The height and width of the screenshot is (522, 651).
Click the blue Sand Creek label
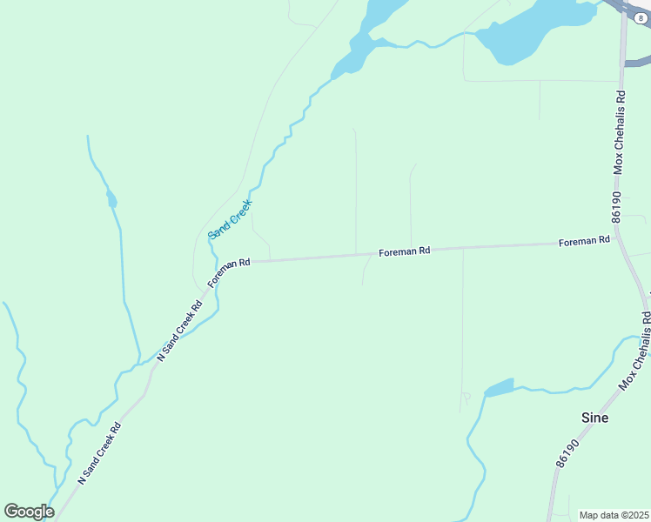(230, 219)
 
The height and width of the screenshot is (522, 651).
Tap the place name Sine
(594, 418)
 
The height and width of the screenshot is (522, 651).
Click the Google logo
(29, 512)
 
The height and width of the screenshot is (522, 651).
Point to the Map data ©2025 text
(614, 515)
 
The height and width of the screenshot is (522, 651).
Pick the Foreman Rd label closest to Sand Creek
(229, 271)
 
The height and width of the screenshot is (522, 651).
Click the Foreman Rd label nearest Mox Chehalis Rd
(583, 241)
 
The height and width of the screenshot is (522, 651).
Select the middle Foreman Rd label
(404, 251)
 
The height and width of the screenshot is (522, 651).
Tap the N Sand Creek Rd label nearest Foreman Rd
(179, 331)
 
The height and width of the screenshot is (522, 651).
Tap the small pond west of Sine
(499, 388)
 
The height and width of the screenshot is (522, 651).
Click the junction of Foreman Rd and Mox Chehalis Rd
(619, 237)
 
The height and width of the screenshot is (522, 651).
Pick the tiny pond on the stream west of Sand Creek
(111, 201)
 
